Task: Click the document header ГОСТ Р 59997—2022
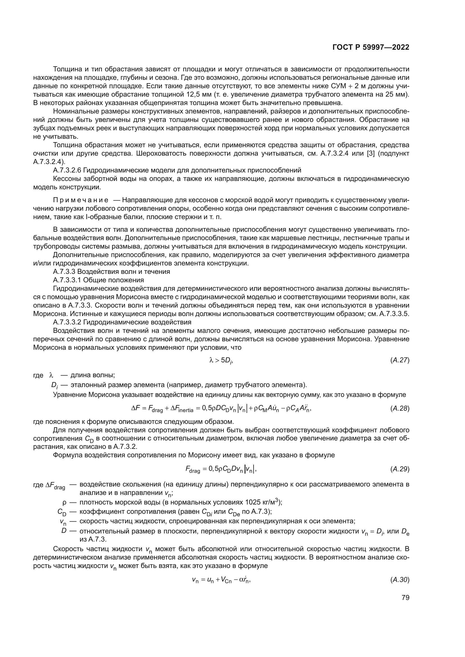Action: [x=371, y=47]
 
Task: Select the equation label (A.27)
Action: [x=400, y=360]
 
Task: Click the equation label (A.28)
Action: [x=400, y=409]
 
